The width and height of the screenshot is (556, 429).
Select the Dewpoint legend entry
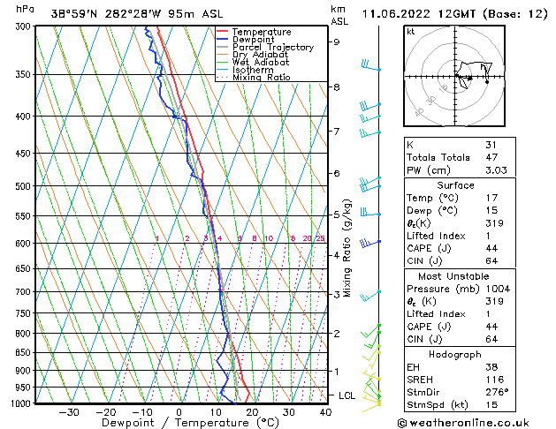pos(254,40)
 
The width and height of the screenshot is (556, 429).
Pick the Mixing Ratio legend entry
pos(262,78)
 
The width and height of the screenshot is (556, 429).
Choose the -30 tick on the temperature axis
pos(69,411)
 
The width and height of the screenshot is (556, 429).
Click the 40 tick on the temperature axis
pos(325,411)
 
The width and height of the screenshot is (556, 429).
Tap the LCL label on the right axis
pos(347,395)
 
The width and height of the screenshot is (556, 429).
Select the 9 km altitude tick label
pos(337,41)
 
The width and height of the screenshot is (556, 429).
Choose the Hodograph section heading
pos(457,354)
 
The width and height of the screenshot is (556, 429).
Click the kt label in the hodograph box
pos(411,32)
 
